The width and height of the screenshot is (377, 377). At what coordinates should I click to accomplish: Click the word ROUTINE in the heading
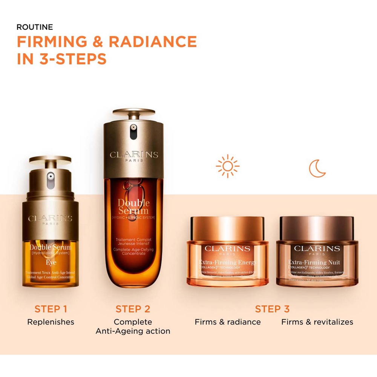pos(35,27)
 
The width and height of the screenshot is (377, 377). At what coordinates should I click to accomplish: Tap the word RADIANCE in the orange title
pos(153,41)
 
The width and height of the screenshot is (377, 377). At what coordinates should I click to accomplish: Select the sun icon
pos(227,166)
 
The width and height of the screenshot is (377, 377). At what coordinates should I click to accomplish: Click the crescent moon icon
pos(317,168)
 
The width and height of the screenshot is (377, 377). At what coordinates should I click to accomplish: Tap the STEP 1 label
pos(51,309)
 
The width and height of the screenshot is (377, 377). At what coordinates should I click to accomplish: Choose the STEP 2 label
pos(133,309)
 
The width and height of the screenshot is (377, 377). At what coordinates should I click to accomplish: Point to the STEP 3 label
pos(272,309)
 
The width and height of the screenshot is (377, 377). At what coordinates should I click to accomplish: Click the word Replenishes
pos(51,322)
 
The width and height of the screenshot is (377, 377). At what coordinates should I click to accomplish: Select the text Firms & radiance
pos(228,322)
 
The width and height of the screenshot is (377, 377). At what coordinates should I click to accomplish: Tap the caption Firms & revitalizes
pos(317,322)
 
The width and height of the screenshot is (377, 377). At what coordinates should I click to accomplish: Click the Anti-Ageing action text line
pos(133,331)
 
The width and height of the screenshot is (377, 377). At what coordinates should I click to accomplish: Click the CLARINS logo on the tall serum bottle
pos(134,155)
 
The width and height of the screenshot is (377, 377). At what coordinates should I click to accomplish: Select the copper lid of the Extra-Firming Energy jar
pos(227,228)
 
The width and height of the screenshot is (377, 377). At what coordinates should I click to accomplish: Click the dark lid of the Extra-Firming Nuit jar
pos(317,228)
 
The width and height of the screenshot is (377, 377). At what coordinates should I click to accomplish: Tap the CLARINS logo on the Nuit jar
pos(317,248)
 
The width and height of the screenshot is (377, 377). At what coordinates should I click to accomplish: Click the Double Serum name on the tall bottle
pos(133,207)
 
